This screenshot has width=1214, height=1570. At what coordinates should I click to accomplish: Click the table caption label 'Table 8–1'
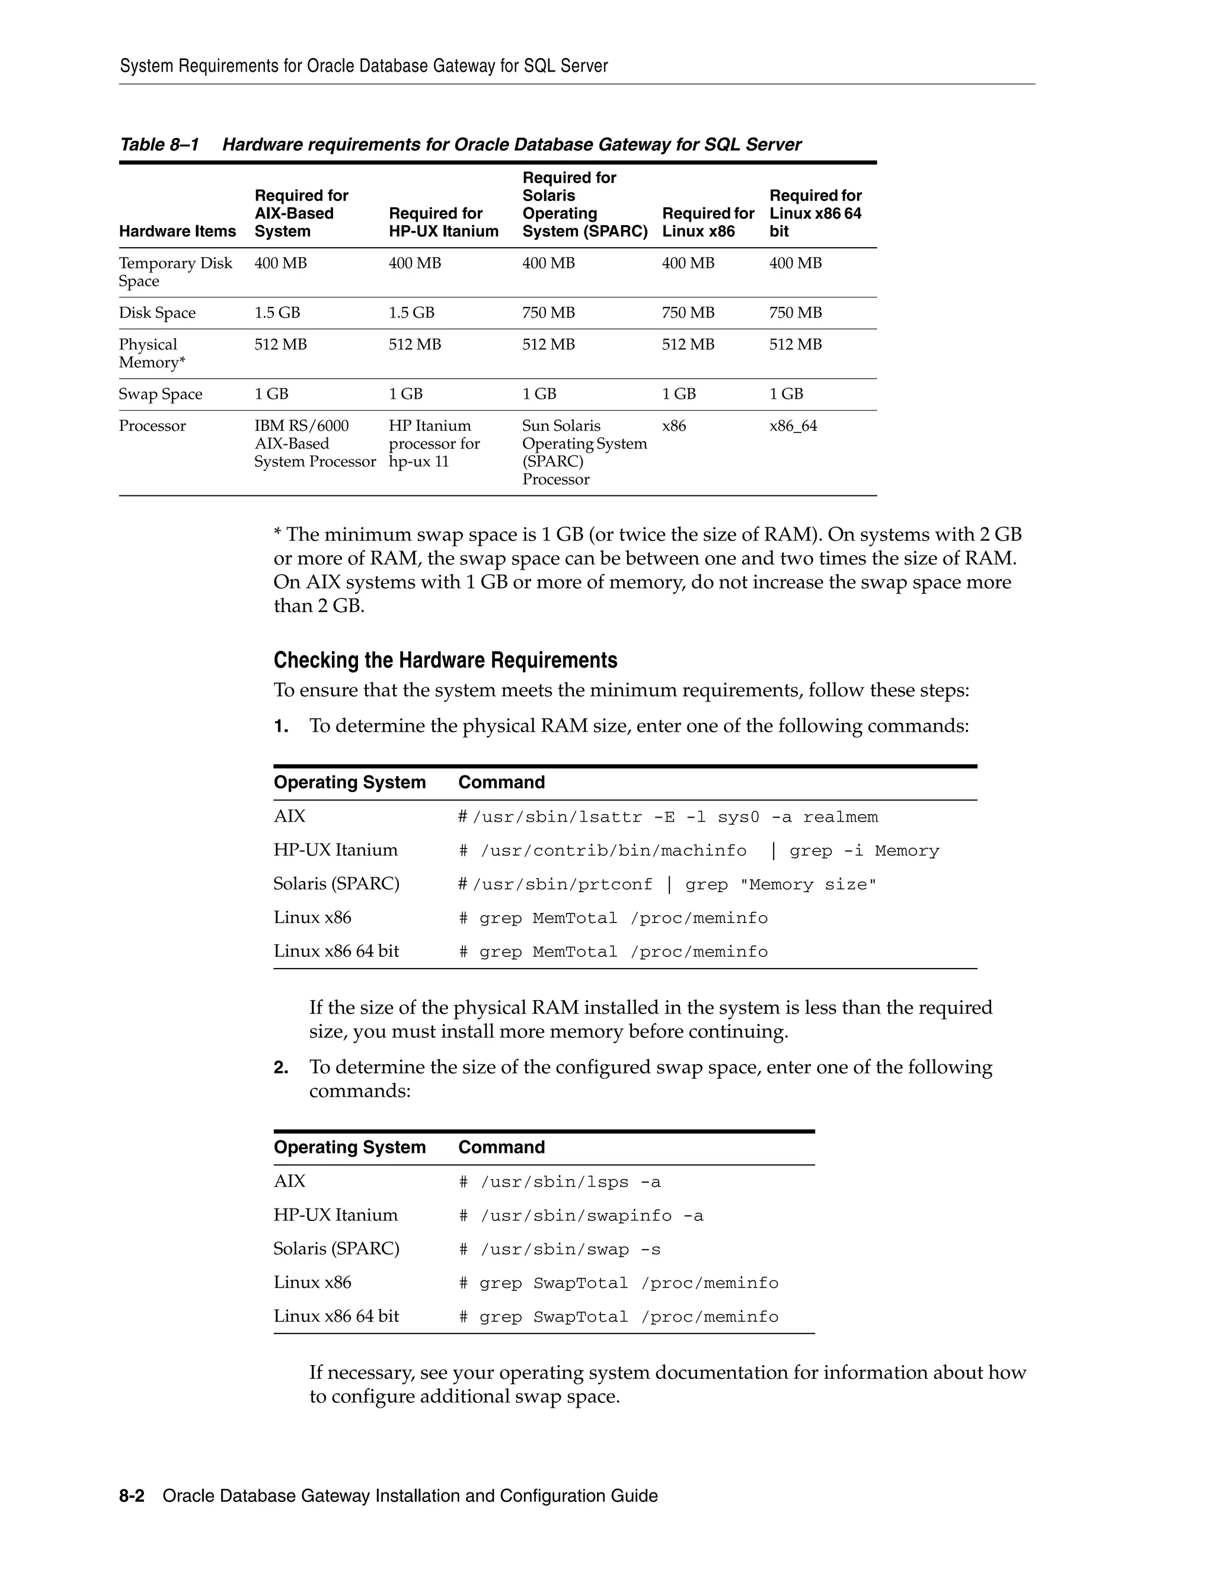[158, 145]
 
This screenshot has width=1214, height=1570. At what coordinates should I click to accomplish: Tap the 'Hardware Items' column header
[177, 232]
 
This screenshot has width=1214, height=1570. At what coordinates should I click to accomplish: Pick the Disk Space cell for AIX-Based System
[277, 313]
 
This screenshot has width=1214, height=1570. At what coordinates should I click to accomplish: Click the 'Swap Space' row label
[161, 394]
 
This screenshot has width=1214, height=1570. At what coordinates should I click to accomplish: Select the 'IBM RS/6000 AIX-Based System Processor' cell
[314, 444]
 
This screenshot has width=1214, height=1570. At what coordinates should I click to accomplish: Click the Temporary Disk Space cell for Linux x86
[688, 263]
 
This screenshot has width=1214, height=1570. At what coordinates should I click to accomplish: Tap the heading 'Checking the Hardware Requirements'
[445, 660]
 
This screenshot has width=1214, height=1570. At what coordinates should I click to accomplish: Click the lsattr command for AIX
[667, 818]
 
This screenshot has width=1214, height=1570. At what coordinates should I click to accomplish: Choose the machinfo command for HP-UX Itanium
[698, 851]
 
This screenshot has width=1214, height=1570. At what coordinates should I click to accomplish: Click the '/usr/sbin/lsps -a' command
[560, 1183]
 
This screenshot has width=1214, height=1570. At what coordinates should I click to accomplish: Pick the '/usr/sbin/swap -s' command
[560, 1250]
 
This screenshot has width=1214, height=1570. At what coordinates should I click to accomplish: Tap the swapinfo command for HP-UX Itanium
[581, 1216]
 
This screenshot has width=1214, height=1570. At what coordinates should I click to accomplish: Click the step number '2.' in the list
[280, 1068]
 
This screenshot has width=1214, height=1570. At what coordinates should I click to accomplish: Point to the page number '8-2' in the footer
[132, 1496]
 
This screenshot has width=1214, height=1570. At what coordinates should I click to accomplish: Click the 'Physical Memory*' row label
[152, 354]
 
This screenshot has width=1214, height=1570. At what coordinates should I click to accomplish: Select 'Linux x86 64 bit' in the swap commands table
[336, 1316]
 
